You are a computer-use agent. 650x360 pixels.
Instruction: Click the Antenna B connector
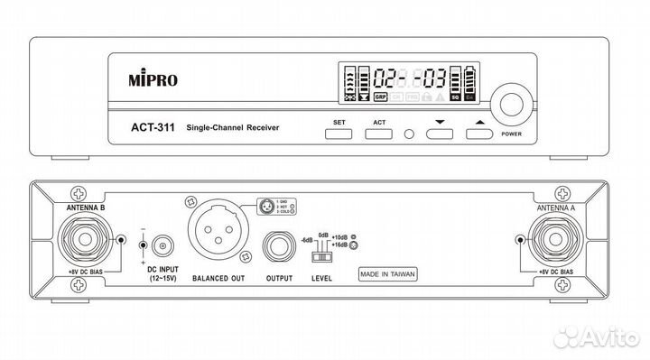pos(88,241)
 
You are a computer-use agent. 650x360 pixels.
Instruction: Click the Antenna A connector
pos(555,241)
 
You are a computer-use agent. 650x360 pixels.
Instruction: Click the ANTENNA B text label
pos(85,207)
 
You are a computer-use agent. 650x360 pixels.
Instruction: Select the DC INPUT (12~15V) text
pos(162,275)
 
